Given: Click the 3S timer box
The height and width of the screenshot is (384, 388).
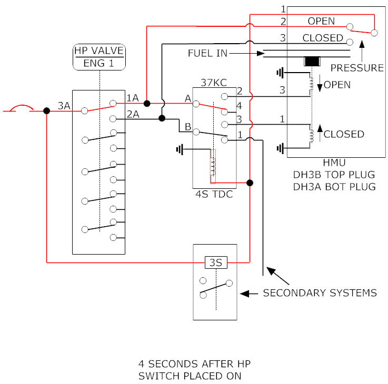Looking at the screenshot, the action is pos(216,262).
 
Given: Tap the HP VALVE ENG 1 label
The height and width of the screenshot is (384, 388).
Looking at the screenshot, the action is pos(99,57).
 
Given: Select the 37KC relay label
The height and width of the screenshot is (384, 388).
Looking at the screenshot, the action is pos(214,83).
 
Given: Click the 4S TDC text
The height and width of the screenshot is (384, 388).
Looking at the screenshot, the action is pos(214,194).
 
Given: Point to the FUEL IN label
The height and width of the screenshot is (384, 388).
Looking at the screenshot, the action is pos(207,53).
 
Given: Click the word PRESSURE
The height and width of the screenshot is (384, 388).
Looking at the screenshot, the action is pos(357,68).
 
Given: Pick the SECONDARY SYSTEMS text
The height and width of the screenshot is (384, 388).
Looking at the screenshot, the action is pos(320,293).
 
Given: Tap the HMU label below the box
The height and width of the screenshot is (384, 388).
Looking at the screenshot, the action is pos(334,163).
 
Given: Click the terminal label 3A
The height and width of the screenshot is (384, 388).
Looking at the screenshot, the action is pos(64,106).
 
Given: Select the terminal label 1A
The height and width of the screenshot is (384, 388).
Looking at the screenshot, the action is pos(133,98).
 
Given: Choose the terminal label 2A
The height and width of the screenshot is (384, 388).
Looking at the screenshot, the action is pos(133,114).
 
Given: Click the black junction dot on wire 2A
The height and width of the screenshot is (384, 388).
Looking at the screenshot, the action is pos(162,118).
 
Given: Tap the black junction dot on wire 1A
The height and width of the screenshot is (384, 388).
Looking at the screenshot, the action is pos(147,103).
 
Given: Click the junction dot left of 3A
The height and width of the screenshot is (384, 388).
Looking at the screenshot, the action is pos(46,111).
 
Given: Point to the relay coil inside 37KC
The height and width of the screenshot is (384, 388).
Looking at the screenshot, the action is pos(213,166).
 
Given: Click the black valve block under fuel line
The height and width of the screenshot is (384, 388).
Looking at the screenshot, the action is pos(312,62).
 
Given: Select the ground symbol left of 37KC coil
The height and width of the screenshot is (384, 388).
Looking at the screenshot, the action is pos(180,149).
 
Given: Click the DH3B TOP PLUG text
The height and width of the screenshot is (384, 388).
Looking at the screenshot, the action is pos(334,175).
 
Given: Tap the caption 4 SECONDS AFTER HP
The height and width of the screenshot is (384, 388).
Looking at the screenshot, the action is pos(194,364).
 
